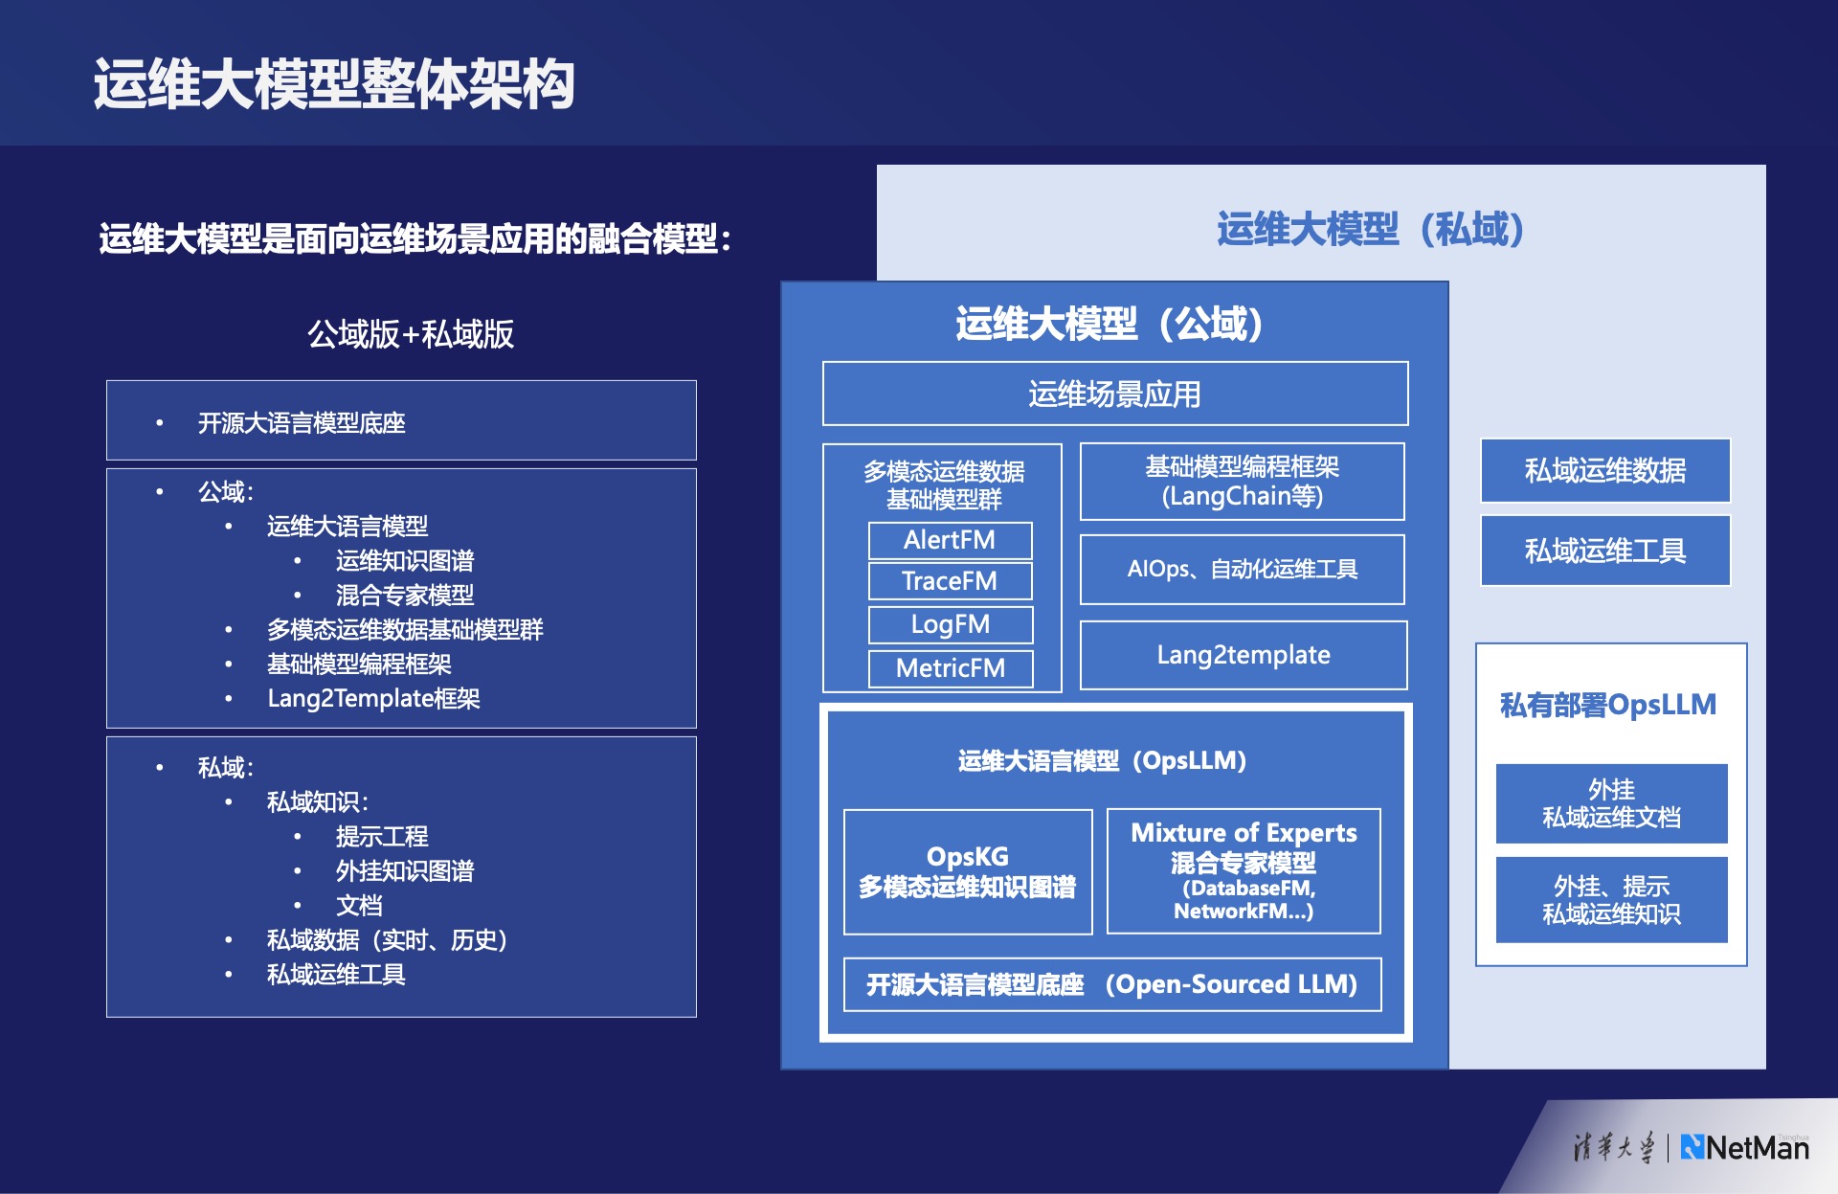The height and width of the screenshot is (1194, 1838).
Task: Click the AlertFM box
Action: (950, 540)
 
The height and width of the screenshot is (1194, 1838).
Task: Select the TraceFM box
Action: (950, 581)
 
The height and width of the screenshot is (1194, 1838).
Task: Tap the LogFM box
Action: (950, 624)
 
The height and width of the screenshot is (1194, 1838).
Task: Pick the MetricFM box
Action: (950, 668)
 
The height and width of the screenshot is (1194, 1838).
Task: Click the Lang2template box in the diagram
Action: (1244, 655)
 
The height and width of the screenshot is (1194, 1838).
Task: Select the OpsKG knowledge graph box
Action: (968, 871)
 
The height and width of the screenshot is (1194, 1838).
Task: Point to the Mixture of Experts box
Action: (1244, 871)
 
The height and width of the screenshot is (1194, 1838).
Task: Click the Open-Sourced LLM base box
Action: (1112, 984)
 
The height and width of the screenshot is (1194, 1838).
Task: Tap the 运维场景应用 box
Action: (1115, 394)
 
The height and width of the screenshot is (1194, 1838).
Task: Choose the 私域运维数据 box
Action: (1605, 470)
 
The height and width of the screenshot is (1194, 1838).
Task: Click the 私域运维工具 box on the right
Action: (1605, 551)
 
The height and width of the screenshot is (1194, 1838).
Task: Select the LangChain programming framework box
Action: (1243, 482)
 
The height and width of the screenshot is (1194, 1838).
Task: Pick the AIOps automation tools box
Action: (1243, 570)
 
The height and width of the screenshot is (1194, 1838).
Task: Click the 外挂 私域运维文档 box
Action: (1612, 803)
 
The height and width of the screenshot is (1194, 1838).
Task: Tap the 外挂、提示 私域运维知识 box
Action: (1612, 900)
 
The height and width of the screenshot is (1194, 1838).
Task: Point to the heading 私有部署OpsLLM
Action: (1608, 705)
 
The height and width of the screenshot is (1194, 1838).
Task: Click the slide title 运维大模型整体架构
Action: (334, 84)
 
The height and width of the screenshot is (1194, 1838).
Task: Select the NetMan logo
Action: (1745, 1147)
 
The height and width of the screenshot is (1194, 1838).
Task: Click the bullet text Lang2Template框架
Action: (373, 698)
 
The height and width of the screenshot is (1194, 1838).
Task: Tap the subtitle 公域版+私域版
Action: (411, 334)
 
